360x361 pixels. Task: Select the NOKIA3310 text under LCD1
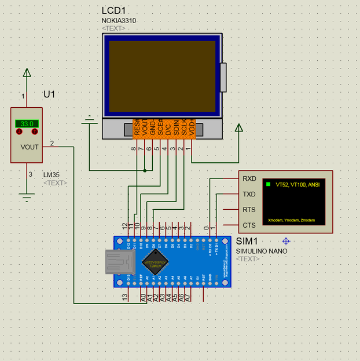tap(119, 21)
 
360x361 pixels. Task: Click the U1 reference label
tap(50, 94)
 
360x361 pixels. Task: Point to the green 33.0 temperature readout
tap(27, 123)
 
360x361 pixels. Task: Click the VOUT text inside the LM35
tap(30, 147)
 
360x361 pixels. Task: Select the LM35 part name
tap(52, 174)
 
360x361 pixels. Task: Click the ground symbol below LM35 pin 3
tap(26, 197)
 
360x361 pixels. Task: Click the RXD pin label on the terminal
tap(249, 178)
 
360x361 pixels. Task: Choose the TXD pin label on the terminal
tap(249, 194)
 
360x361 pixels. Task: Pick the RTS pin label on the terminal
tap(249, 210)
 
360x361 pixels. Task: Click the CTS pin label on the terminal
tap(249, 225)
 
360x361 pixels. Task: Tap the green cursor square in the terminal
tap(268, 184)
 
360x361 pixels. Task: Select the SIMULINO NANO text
tap(261, 251)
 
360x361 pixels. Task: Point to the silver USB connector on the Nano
tap(119, 261)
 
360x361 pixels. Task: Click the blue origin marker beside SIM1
tap(285, 240)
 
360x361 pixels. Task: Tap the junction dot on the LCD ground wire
tap(144, 170)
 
